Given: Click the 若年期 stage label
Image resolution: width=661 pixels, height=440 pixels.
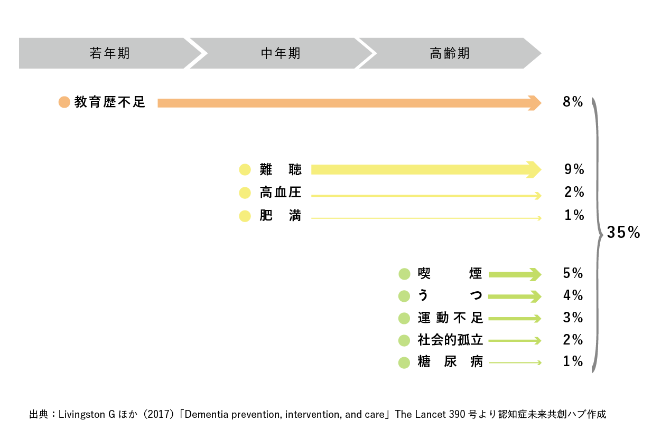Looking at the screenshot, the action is click(109, 53).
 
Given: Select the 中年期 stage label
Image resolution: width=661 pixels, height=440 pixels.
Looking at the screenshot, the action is click(281, 53).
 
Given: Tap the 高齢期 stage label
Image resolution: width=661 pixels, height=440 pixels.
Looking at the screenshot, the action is click(450, 53).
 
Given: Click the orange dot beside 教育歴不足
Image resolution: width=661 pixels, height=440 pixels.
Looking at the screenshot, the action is click(64, 102).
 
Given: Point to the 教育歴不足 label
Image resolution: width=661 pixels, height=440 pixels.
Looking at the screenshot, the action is click(109, 102).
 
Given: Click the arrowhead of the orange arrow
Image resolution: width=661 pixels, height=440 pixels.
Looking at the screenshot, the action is click(535, 103).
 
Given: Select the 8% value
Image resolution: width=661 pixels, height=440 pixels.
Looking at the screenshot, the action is click(573, 102).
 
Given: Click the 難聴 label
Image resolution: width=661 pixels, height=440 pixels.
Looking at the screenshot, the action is click(281, 169).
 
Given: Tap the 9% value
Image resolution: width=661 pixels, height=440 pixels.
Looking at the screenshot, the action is click(574, 169).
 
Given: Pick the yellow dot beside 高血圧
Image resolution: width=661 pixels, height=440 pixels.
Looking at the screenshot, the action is click(245, 193).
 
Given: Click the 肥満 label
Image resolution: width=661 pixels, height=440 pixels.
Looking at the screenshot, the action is click(281, 215).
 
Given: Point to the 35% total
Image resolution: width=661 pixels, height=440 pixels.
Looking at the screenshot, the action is click(623, 232).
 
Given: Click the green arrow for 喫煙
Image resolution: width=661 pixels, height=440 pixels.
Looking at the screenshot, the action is click(515, 275).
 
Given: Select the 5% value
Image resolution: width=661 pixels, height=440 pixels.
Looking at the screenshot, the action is click(573, 273).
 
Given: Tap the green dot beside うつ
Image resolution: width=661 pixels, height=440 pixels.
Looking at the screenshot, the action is click(404, 296).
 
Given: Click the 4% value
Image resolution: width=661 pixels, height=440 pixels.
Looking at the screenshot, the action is click(573, 295).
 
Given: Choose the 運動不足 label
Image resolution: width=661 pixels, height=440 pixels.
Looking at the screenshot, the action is click(450, 318).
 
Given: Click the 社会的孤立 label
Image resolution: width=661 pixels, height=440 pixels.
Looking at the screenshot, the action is click(450, 340).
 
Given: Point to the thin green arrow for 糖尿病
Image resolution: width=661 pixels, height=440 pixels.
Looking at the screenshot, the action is click(515, 363).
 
